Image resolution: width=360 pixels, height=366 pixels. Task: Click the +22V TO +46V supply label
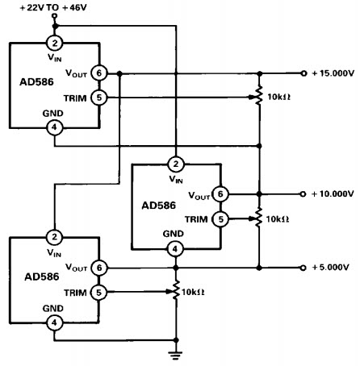coord(53,8)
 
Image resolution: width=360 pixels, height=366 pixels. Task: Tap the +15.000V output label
coord(333,73)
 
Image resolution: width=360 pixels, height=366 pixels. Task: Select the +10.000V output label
coord(333,193)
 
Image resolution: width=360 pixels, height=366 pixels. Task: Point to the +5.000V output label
coord(330,268)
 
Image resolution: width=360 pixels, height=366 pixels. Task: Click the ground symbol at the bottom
coord(176,356)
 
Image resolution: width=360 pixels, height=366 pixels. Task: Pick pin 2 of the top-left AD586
coord(55,43)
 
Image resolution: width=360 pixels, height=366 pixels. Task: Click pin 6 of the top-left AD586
coord(99,73)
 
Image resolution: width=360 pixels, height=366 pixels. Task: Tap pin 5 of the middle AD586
coord(220,219)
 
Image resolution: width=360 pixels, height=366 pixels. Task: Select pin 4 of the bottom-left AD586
coord(54,322)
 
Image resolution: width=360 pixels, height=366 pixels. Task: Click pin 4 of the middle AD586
coord(175,249)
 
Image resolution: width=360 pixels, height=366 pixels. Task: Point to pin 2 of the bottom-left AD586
coord(55,237)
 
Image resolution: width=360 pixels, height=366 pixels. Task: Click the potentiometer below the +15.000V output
coord(259,95)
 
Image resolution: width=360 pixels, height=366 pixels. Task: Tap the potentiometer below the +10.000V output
coord(258,217)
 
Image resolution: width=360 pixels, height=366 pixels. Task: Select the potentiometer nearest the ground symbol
coord(176,290)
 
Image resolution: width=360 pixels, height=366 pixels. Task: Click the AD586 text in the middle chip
coord(158,206)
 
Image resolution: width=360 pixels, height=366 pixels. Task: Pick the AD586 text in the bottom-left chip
coord(42,277)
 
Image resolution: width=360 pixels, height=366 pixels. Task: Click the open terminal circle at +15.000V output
coord(303,73)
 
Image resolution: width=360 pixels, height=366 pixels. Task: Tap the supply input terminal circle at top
coord(55,16)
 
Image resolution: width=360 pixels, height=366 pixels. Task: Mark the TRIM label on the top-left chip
coord(75,98)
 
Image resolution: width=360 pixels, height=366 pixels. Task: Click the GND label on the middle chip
coord(173,234)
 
